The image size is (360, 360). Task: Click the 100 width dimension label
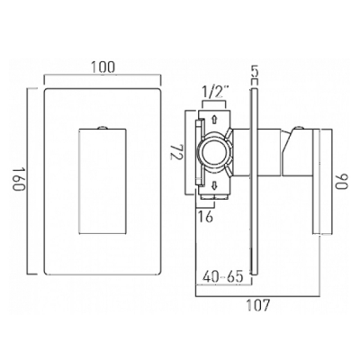point(103,67)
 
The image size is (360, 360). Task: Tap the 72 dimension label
point(176,151)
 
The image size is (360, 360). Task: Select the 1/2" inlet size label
point(214,93)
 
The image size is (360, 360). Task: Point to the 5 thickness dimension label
point(254,72)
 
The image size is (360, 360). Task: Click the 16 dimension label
point(206,216)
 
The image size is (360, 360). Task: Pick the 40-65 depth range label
point(222,276)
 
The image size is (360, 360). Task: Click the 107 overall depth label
point(257,305)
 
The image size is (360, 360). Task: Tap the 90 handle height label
point(341,182)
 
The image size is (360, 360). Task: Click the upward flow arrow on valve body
point(214,120)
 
